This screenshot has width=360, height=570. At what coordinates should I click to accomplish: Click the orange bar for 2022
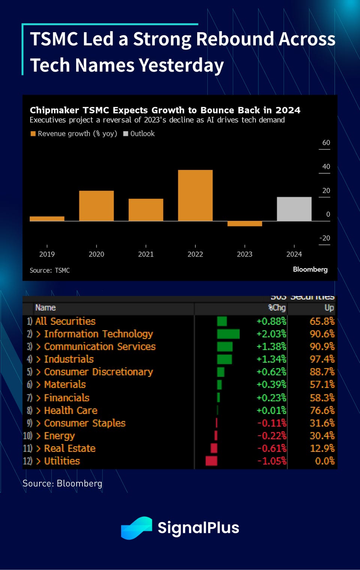(x=195, y=195)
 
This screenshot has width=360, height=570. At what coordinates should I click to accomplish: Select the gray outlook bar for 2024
(x=294, y=209)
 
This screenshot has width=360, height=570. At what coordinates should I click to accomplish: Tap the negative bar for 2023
(x=244, y=224)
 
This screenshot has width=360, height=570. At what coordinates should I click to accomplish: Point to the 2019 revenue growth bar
(x=47, y=219)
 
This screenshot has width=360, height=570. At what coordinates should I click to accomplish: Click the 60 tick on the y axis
(x=326, y=143)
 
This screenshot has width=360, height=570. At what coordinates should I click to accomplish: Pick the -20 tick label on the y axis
(x=324, y=238)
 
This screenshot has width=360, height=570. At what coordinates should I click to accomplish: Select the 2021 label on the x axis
(x=145, y=254)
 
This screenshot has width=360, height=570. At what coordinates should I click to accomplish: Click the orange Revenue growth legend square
(x=33, y=134)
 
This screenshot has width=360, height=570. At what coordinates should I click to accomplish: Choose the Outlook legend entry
(x=139, y=134)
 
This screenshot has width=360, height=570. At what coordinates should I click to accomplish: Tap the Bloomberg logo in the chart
(x=310, y=270)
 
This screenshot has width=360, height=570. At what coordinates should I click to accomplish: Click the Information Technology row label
(x=98, y=334)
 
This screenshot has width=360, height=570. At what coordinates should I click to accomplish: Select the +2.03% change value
(x=271, y=334)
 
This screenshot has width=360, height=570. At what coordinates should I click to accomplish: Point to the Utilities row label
(x=62, y=461)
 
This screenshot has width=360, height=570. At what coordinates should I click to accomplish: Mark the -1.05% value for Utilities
(x=271, y=461)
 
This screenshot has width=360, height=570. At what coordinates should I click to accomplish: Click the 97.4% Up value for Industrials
(x=322, y=359)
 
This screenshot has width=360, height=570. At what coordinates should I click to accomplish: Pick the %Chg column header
(x=277, y=308)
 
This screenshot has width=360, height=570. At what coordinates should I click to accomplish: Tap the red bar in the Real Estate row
(x=214, y=448)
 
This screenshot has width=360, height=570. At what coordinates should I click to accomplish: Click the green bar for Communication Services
(x=225, y=346)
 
